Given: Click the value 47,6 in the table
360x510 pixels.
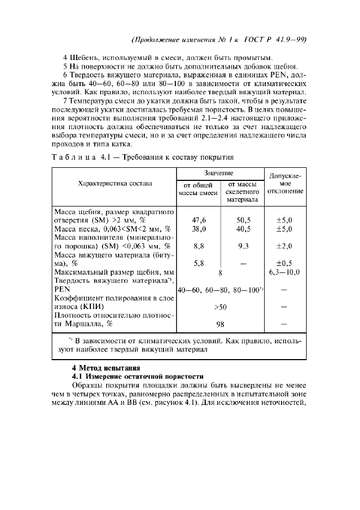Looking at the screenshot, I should click(x=199, y=220).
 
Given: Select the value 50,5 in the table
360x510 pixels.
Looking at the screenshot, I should click(x=242, y=220).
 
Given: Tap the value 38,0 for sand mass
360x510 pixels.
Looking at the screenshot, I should click(x=199, y=229).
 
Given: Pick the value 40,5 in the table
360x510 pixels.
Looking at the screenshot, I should click(x=242, y=229).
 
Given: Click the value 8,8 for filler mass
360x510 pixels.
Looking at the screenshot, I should click(x=199, y=246).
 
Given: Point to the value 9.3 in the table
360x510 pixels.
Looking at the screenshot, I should click(x=242, y=246).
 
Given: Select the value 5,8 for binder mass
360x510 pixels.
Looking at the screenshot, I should click(x=199, y=263).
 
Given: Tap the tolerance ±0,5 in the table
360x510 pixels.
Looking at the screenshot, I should click(x=284, y=263).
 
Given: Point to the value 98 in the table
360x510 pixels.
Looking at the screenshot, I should click(x=220, y=324).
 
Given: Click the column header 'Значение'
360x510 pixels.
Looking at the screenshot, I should click(x=219, y=173).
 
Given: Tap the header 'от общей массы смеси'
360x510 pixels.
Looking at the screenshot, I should click(x=199, y=190).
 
